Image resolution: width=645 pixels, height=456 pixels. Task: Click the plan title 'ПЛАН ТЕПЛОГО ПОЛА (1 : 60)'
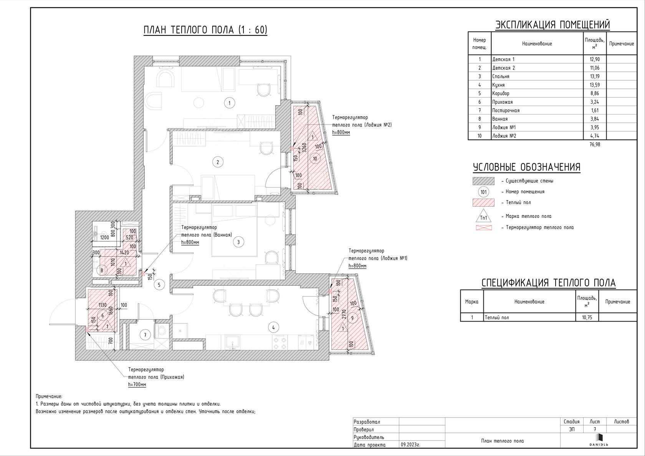pos(205,30)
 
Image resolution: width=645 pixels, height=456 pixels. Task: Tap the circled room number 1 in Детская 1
pos(229,103)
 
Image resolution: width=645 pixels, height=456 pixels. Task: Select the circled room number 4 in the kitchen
pos(273,327)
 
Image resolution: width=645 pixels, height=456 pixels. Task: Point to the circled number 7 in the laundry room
pos(145,335)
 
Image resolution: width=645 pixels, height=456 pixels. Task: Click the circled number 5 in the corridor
pos(159,285)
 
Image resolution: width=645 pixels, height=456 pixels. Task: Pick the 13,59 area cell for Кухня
pos(595,85)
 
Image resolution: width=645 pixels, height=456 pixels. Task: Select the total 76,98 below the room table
pos(595,144)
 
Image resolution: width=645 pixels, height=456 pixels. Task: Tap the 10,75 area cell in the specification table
pos(587,317)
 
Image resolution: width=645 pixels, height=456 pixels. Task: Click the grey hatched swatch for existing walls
pos(483,181)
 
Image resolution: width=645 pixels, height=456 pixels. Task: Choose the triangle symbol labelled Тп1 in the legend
pos(483,216)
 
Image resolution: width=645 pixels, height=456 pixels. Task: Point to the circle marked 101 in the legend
pos(483,192)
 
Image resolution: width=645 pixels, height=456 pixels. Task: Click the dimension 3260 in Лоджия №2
pos(304,148)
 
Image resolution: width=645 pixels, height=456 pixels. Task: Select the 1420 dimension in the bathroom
pos(124,253)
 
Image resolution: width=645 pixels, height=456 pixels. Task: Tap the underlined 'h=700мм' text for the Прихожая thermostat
pos(137,385)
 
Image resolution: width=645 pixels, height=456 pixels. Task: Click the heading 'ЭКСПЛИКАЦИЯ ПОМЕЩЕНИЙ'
pos(552,25)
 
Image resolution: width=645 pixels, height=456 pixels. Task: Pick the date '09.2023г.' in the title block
pos(410,445)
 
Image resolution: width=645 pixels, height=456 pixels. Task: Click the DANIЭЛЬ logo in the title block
pos(599,440)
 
